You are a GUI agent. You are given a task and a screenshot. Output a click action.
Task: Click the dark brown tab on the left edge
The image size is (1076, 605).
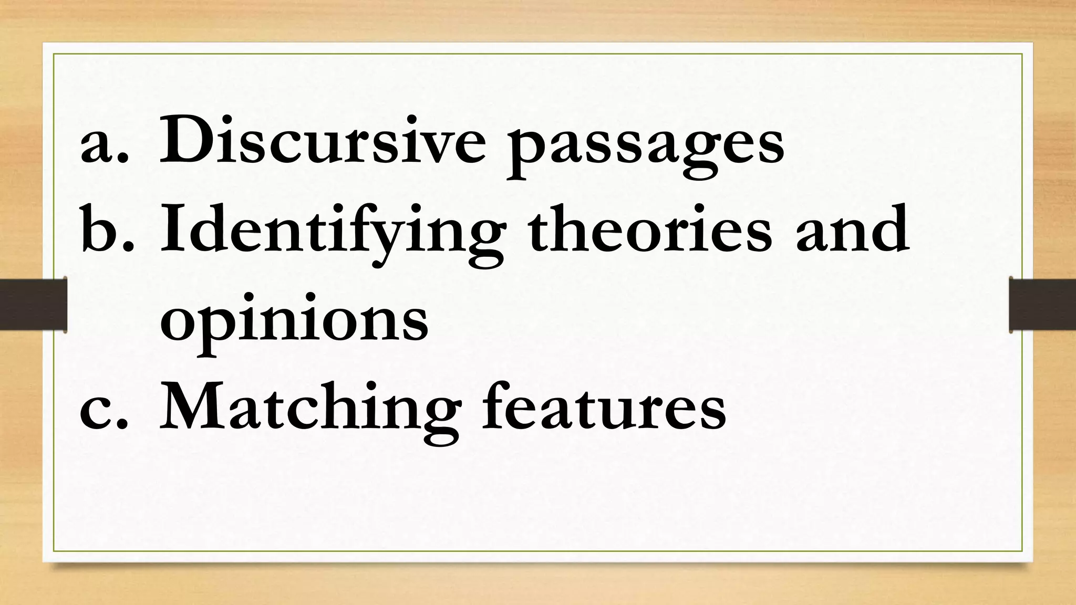[x=33, y=305]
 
